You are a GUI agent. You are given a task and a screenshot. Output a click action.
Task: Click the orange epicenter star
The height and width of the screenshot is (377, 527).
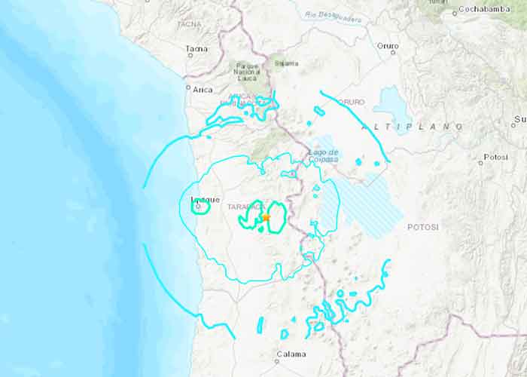[266, 217]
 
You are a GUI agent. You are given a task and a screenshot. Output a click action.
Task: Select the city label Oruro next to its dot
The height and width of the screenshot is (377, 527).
[388, 46]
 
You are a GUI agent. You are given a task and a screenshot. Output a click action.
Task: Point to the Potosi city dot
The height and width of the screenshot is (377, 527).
[480, 162]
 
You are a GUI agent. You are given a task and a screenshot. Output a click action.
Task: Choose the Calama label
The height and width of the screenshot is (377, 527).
[291, 354]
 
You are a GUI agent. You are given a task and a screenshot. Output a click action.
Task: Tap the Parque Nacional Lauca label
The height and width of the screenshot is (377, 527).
[248, 71]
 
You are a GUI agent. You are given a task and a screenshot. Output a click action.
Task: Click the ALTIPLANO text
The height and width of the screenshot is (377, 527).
[413, 127]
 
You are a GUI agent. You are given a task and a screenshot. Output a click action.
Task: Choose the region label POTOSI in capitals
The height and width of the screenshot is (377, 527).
[423, 226]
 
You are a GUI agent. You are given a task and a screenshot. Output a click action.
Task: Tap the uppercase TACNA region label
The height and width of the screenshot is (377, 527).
[188, 24]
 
